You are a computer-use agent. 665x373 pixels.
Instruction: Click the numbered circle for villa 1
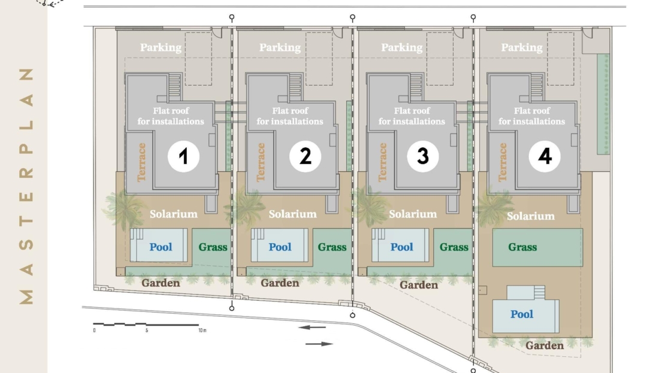pyautogui.click(x=184, y=156)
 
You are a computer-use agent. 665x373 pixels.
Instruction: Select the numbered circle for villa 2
pyautogui.click(x=306, y=156)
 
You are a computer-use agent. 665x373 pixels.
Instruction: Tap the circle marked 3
pyautogui.click(x=423, y=156)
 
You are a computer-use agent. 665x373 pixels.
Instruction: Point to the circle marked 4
pyautogui.click(x=545, y=156)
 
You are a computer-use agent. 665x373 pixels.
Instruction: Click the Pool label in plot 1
pyautogui.click(x=161, y=247)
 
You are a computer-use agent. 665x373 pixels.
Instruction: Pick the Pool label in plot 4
pyautogui.click(x=522, y=314)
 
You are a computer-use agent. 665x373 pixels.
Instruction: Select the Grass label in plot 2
pyautogui.click(x=332, y=247)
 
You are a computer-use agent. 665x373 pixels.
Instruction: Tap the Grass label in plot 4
pyautogui.click(x=522, y=247)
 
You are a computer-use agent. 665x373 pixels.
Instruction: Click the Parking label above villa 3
pyautogui.click(x=401, y=47)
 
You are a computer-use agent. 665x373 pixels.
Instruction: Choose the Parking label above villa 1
pyautogui.click(x=161, y=47)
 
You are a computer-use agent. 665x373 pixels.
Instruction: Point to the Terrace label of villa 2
pyautogui.click(x=261, y=162)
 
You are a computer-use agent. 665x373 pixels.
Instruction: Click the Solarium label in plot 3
pyautogui.click(x=413, y=214)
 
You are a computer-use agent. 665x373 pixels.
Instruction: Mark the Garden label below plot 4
pyautogui.click(x=545, y=345)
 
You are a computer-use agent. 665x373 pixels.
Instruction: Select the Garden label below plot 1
pyautogui.click(x=161, y=283)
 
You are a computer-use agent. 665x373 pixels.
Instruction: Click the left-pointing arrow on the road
pyautogui.click(x=312, y=327)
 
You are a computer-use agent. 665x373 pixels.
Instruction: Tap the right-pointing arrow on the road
pyautogui.click(x=319, y=344)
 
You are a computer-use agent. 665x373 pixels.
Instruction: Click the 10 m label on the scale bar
pyautogui.click(x=202, y=330)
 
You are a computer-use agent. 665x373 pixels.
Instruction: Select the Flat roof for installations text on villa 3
pyautogui.click(x=412, y=116)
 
